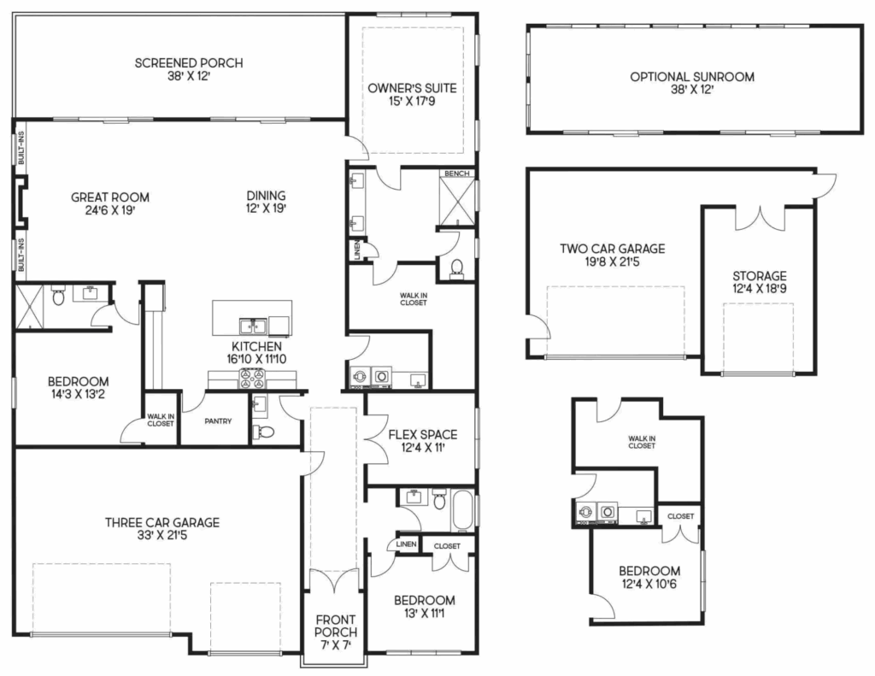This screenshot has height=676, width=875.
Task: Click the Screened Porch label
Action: click(189, 63)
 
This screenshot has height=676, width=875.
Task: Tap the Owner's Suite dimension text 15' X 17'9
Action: click(412, 102)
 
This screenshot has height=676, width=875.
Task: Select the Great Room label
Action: click(110, 197)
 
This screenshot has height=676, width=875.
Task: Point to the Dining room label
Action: click(267, 196)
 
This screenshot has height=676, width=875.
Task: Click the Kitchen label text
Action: click(256, 347)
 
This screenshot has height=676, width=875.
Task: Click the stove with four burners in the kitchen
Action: click(252, 379)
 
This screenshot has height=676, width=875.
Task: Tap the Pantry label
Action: click(218, 421)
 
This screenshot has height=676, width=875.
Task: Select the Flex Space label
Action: click(422, 434)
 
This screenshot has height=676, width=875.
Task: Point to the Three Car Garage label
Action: click(162, 522)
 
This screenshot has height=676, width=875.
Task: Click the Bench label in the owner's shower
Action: click(457, 173)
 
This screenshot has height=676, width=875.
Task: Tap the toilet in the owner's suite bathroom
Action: click(457, 267)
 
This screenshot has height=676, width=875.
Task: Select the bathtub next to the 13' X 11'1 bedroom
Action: click(462, 510)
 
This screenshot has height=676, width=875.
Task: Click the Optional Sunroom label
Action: click(692, 77)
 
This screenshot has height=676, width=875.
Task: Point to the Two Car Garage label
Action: click(612, 249)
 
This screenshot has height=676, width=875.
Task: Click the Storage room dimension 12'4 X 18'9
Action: click(759, 289)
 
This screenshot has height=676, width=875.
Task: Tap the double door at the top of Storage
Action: click(760, 219)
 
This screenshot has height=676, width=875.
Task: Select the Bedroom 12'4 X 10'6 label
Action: click(649, 571)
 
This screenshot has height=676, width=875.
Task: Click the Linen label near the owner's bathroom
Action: click(356, 250)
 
